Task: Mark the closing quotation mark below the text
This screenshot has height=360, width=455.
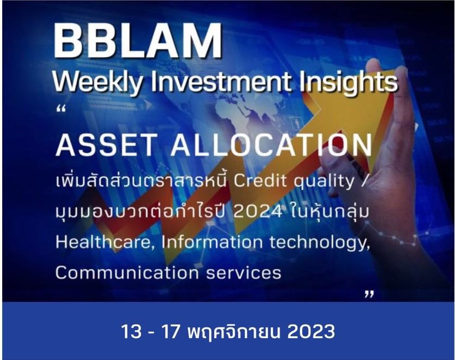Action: tap(369, 294)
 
